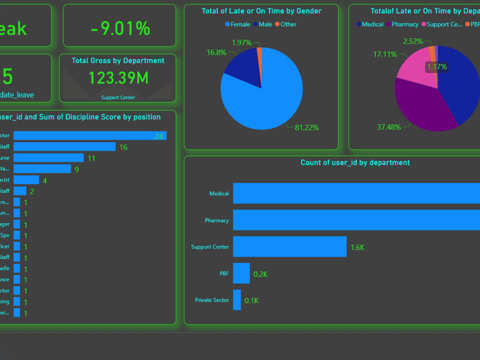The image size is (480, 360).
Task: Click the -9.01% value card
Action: pyautogui.click(x=120, y=29)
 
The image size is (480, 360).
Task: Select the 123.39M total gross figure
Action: pyautogui.click(x=118, y=78)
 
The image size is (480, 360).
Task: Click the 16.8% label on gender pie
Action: pyautogui.click(x=216, y=52)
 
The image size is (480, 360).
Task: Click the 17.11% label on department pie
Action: pyautogui.click(x=385, y=54)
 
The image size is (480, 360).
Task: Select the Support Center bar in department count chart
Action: pyautogui.click(x=289, y=247)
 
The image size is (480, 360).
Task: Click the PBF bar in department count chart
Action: pyautogui.click(x=241, y=273)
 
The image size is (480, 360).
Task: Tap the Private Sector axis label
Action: pyautogui.click(x=212, y=300)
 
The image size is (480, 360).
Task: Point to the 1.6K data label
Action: pyautogui.click(x=358, y=248)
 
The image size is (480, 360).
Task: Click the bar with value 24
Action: pyautogui.click(x=90, y=136)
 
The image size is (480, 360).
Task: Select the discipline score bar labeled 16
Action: pyautogui.click(x=64, y=147)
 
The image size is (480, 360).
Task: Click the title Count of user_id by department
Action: pyautogui.click(x=355, y=163)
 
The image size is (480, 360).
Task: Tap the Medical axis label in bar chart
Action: pyautogui.click(x=219, y=194)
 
